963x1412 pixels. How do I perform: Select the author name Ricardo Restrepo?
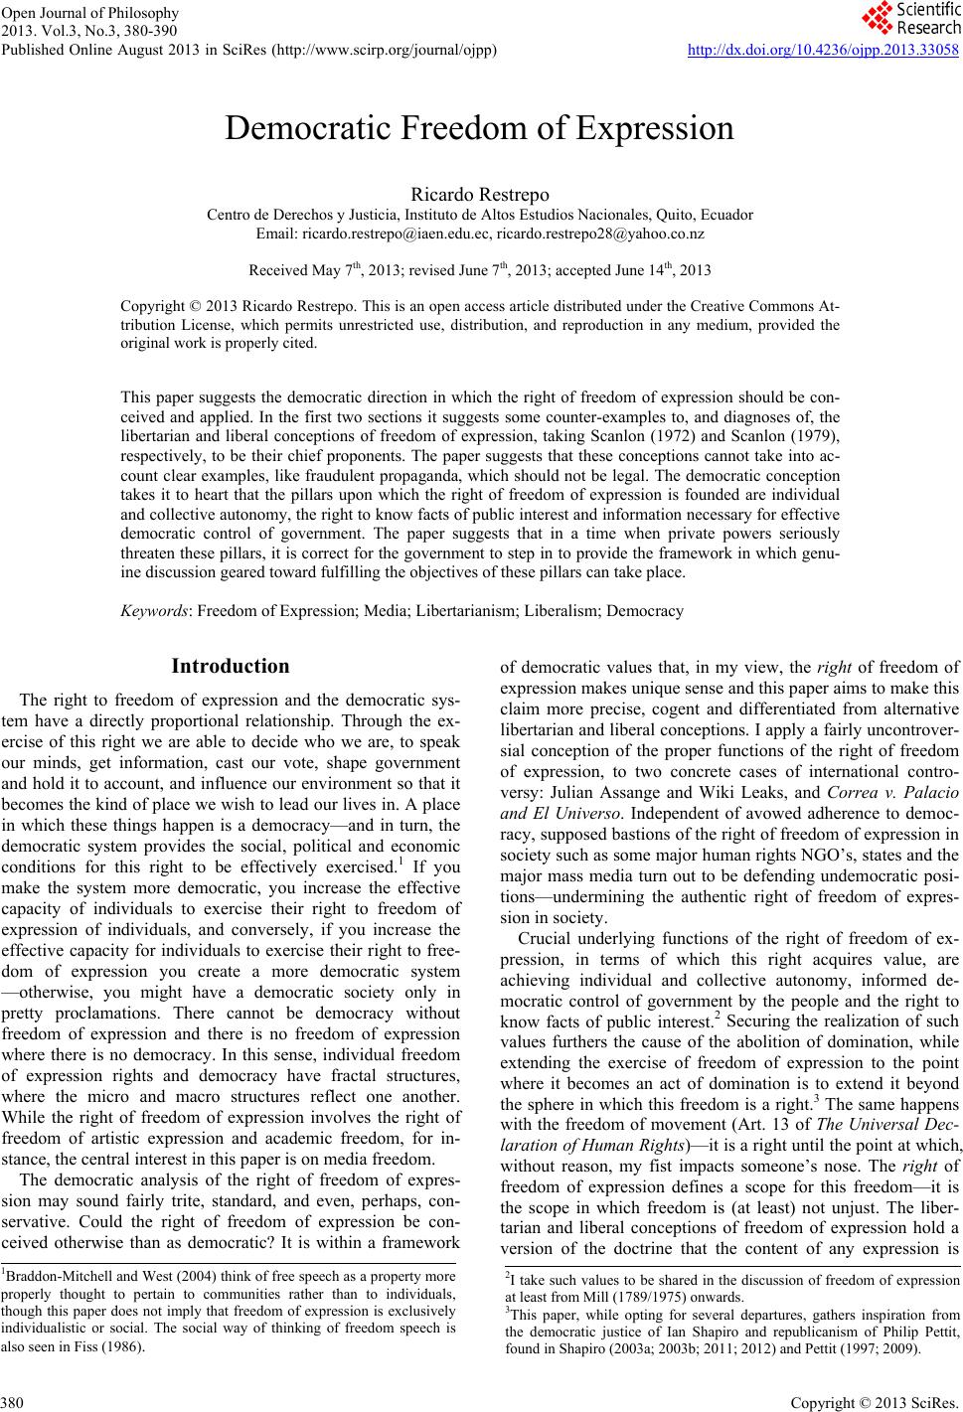480,195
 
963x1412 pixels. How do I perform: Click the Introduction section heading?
231,666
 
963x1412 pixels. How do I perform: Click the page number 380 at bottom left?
13,1401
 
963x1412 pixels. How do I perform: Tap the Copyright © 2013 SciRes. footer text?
897,1401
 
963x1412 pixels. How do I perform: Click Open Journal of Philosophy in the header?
89,13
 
